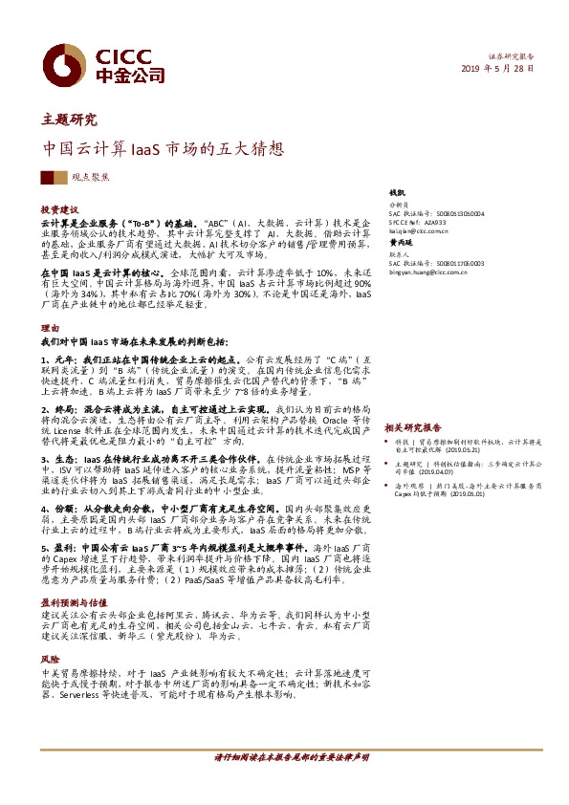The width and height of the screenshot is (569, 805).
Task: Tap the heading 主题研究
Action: (x=69, y=120)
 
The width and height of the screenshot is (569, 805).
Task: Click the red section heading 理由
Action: (x=50, y=327)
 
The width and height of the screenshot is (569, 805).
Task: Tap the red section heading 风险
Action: (x=50, y=659)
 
